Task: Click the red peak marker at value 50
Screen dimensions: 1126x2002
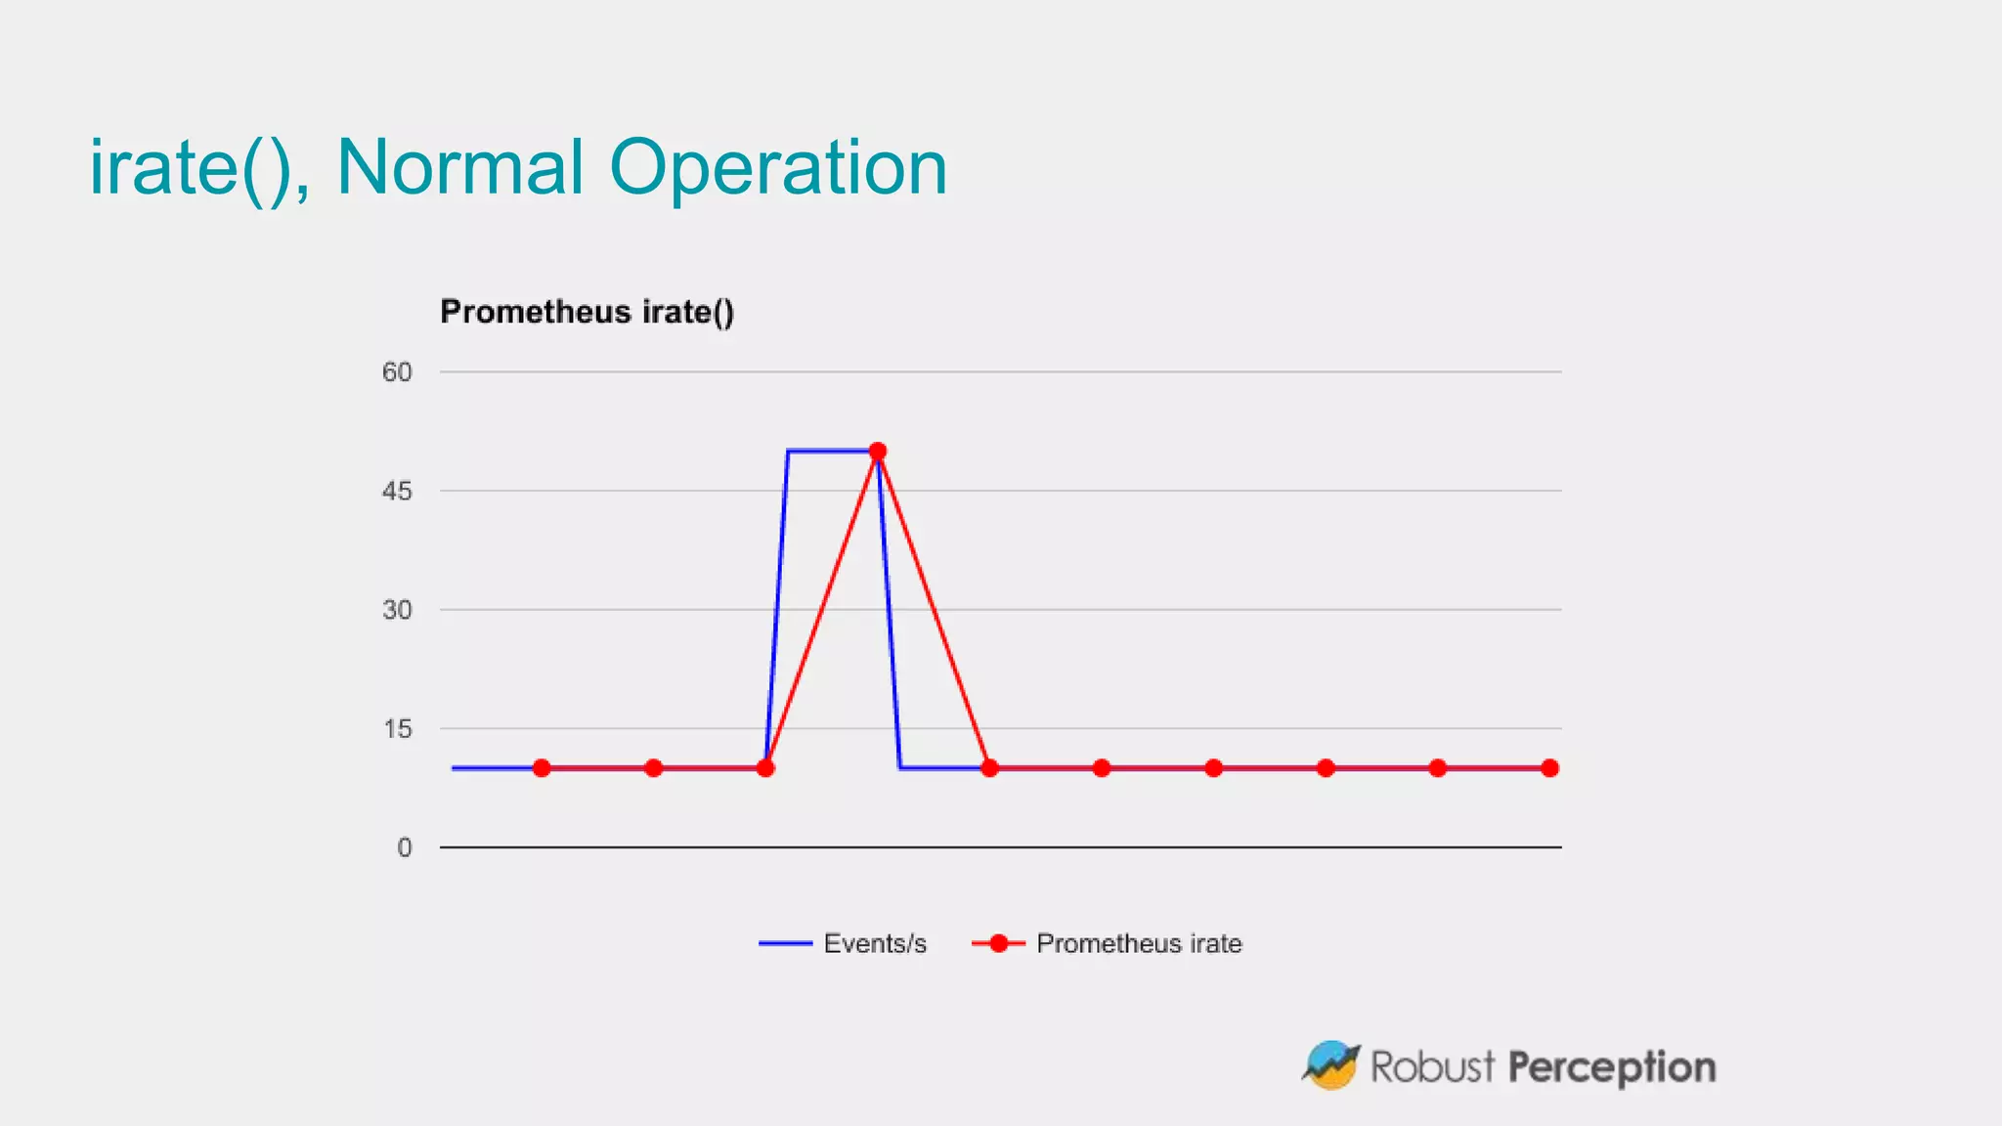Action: [878, 452]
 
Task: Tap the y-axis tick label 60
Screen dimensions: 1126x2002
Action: [397, 372]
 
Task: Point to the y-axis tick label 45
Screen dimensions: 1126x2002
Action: [397, 492]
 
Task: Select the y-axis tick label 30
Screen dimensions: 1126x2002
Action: [397, 610]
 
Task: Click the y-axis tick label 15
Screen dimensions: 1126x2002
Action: [398, 729]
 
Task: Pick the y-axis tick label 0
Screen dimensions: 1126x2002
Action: [404, 848]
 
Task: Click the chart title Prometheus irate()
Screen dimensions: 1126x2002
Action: [587, 312]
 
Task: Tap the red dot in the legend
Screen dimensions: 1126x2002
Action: [998, 943]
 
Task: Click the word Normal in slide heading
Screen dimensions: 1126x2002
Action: [459, 167]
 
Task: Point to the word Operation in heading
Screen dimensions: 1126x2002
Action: [778, 167]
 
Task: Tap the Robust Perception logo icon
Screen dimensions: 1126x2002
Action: [1331, 1065]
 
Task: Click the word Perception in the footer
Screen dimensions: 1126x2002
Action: [1611, 1067]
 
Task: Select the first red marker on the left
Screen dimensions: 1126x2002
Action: [542, 768]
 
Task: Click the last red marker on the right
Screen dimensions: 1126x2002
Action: [1549, 768]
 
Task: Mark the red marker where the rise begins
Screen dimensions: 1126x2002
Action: [765, 768]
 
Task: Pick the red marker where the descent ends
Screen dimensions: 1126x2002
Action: [989, 768]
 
